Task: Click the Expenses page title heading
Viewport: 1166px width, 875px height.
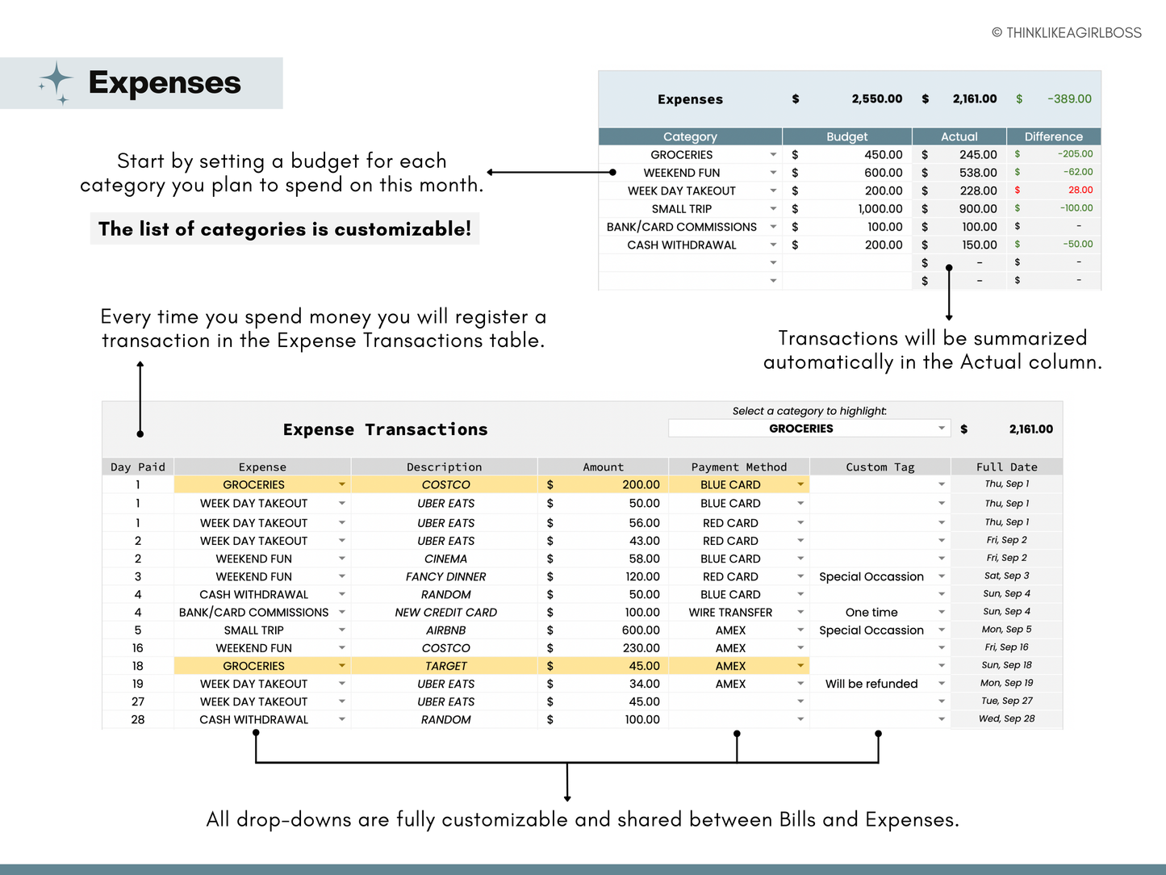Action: pyautogui.click(x=164, y=83)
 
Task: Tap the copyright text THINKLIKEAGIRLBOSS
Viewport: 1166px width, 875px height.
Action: pyautogui.click(x=1066, y=33)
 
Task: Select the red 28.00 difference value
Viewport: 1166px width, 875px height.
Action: pyautogui.click(x=1080, y=190)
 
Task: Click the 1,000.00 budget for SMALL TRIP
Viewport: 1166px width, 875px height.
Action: pyautogui.click(x=880, y=209)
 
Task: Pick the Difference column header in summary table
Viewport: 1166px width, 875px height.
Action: pyautogui.click(x=1053, y=136)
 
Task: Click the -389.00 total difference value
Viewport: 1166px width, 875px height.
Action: pyautogui.click(x=1068, y=99)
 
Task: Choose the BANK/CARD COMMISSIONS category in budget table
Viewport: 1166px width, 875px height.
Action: pyautogui.click(x=681, y=227)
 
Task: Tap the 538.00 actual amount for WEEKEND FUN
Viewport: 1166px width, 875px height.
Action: pyautogui.click(x=978, y=173)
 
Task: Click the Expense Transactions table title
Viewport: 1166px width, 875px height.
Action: pyautogui.click(x=385, y=429)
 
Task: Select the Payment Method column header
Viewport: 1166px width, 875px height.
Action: pyautogui.click(x=738, y=467)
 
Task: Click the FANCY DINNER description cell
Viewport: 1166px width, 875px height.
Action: pyautogui.click(x=445, y=576)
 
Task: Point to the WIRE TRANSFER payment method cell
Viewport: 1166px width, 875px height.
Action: pyautogui.click(x=730, y=613)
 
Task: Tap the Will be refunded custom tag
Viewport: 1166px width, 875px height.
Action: pyautogui.click(x=871, y=684)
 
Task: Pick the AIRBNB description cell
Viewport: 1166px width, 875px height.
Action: pyautogui.click(x=445, y=630)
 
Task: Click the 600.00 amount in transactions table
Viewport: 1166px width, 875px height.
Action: pyautogui.click(x=641, y=630)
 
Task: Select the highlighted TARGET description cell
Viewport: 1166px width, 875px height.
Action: pyautogui.click(x=445, y=666)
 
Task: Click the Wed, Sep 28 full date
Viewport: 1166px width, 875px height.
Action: pyautogui.click(x=1006, y=718)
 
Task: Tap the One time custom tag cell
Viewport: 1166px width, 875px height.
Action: pyautogui.click(x=871, y=613)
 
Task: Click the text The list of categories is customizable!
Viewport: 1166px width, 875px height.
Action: pyautogui.click(x=284, y=229)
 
